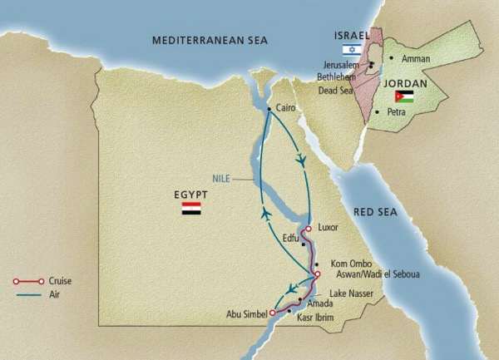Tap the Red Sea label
click(375, 212)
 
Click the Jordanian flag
click(404, 96)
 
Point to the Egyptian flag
click(191, 209)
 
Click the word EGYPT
click(190, 195)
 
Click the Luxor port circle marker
click(309, 229)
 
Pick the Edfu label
click(290, 237)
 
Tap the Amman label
click(415, 59)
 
